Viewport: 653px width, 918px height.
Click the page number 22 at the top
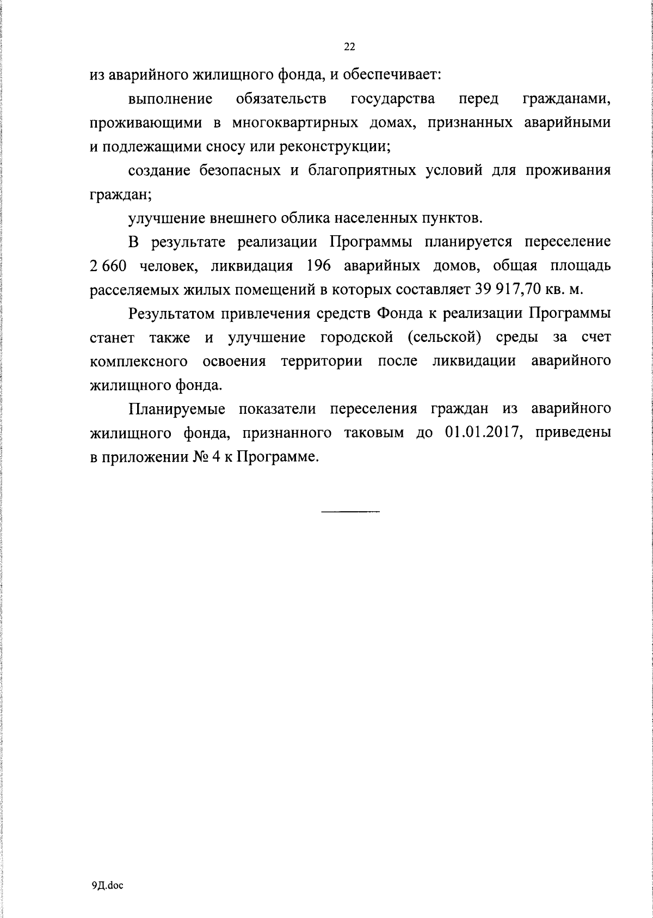tap(349, 47)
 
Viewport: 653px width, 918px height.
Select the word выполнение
tap(170, 99)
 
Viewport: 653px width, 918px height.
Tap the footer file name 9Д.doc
tap(108, 886)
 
